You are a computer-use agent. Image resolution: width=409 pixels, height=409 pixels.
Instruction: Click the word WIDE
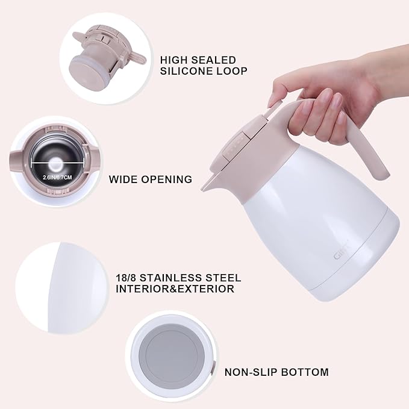click(x=123, y=179)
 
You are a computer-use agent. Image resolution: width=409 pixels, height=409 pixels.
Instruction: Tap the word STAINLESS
click(x=175, y=278)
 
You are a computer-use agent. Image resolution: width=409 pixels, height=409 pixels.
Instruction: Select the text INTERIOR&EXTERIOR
click(x=175, y=289)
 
